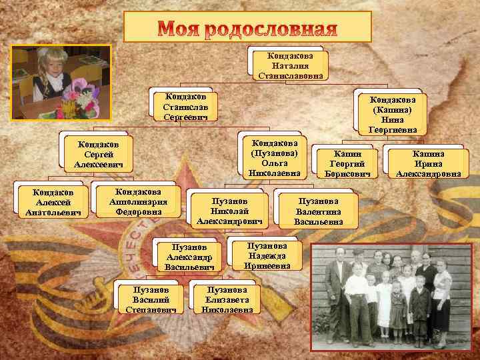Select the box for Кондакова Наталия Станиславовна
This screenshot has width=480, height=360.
(x=289, y=65)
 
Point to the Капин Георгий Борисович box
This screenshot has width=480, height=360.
(x=343, y=164)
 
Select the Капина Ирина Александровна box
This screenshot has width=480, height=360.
(x=428, y=164)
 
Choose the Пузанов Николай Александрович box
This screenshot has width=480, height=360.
(x=229, y=211)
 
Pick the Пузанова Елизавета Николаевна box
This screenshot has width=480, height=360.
(x=227, y=299)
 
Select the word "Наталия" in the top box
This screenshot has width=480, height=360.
(x=289, y=65)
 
